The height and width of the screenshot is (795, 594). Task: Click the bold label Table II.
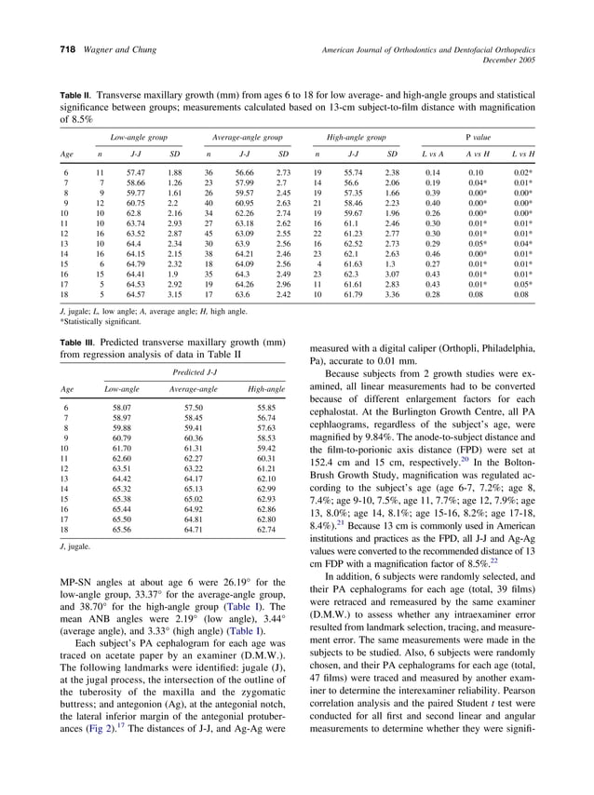[77, 97]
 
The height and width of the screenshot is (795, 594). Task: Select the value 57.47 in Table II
[135, 174]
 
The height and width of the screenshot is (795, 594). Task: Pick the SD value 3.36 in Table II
[392, 295]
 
